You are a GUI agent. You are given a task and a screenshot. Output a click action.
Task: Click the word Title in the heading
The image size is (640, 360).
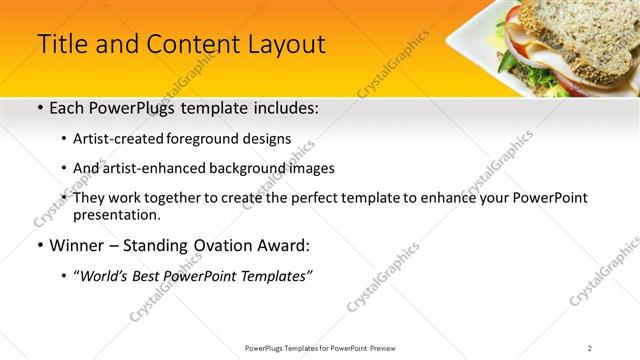click(x=63, y=45)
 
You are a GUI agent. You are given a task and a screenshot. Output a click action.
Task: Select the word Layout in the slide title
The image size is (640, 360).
click(x=282, y=45)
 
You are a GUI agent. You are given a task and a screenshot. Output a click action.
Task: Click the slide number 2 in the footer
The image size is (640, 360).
click(x=590, y=348)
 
